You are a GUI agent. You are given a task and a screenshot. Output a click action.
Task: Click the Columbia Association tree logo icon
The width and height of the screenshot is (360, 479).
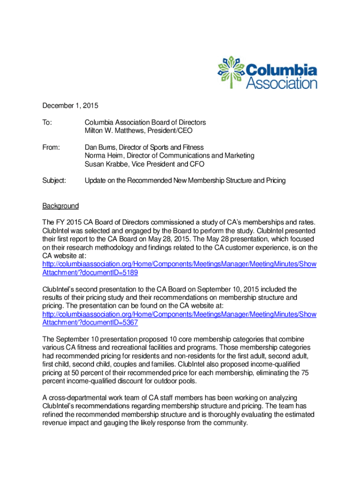[232, 72]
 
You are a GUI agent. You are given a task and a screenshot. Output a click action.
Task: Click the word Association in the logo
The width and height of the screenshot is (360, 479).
[281, 83]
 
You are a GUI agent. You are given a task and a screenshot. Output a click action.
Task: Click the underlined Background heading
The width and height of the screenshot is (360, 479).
[61, 206]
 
